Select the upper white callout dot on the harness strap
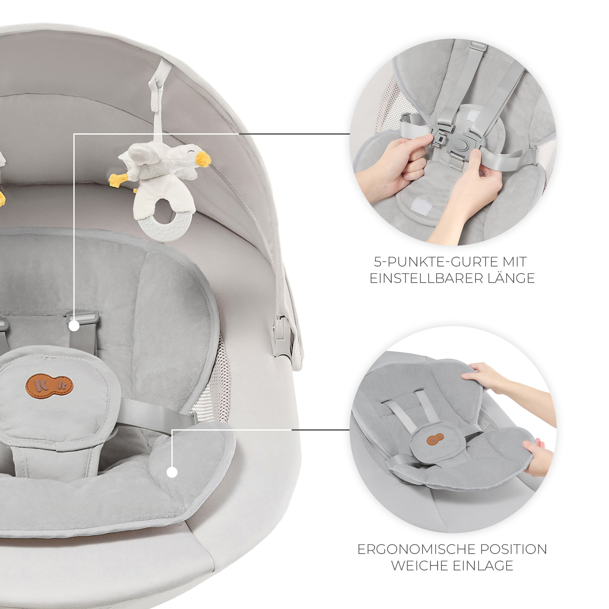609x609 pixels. point(74,326)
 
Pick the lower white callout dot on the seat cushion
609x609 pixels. point(172,472)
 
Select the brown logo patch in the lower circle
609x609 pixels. point(435,439)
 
